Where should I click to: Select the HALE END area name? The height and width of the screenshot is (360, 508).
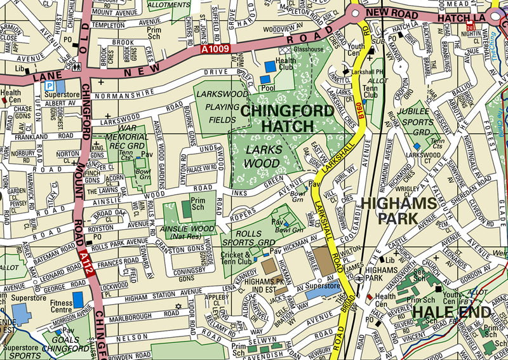(x=451, y=312)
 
